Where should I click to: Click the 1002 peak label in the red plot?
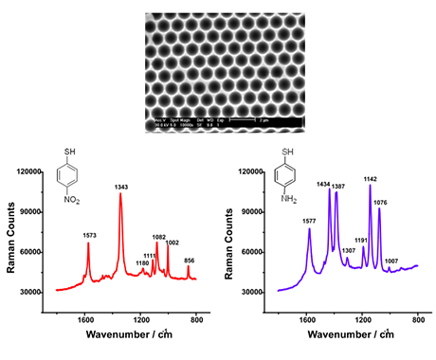pos(173,243)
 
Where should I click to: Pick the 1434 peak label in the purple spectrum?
pos(323,184)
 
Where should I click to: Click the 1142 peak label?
pos(371,178)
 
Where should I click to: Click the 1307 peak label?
pos(348,250)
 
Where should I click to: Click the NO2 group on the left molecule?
pos(67,201)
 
